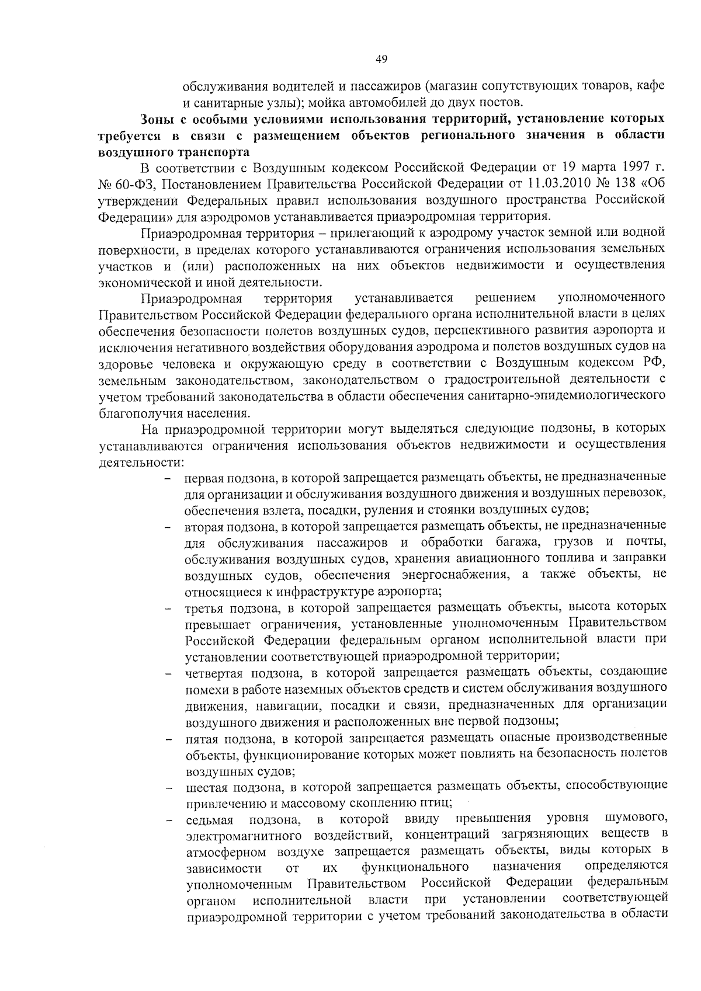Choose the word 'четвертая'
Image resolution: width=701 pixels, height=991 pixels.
click(214, 673)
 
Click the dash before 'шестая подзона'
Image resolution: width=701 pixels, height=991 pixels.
click(169, 788)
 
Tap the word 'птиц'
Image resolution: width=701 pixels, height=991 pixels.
click(437, 803)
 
